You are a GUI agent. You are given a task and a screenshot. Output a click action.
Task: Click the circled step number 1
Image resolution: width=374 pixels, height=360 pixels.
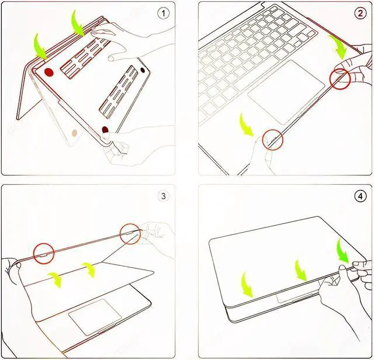tap(163, 13)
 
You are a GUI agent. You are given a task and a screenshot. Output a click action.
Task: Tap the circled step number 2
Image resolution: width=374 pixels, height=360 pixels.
tap(360, 13)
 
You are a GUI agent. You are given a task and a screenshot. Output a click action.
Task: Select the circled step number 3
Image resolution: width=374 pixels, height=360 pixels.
tap(163, 196)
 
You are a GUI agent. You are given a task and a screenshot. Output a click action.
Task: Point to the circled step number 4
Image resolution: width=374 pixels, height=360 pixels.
tap(360, 196)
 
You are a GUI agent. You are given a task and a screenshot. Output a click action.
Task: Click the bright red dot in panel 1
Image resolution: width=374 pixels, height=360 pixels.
tap(49, 72)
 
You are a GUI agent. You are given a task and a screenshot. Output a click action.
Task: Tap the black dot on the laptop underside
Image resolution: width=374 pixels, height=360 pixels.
tap(143, 70)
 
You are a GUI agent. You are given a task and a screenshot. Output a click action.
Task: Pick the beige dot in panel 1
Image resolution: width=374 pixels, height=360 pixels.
tap(75, 133)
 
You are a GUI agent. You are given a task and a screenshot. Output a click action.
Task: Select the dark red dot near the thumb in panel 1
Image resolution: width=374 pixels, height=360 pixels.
tap(105, 130)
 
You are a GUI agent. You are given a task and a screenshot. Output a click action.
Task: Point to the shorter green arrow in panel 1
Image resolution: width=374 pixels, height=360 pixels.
tap(40, 47)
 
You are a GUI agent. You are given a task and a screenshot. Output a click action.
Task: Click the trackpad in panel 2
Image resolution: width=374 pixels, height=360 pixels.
tap(286, 92)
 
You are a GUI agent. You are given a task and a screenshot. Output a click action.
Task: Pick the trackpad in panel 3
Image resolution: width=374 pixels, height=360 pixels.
tap(95, 317)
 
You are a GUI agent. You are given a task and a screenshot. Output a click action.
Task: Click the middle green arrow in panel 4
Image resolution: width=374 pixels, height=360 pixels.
tap(301, 271)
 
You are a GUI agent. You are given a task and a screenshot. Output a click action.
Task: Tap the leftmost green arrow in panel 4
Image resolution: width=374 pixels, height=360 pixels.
tap(247, 285)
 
